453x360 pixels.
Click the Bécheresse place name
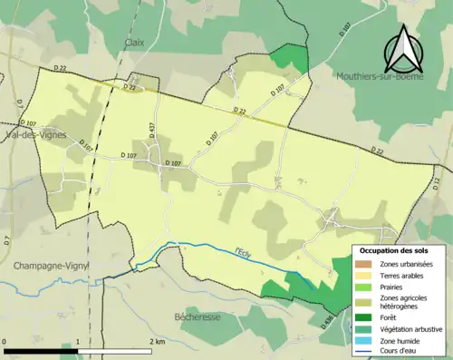(200, 316)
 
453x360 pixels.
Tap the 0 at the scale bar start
(5, 342)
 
